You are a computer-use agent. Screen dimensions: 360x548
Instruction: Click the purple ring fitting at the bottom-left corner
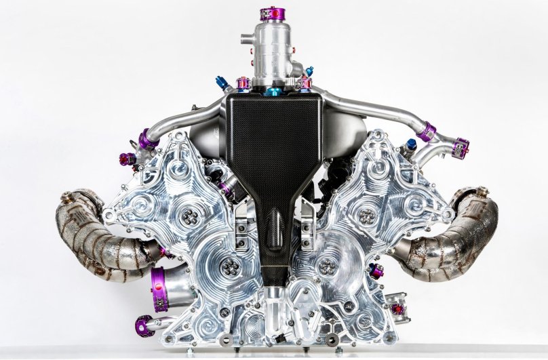(144, 326)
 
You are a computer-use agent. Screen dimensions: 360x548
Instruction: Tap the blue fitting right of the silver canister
(309, 71)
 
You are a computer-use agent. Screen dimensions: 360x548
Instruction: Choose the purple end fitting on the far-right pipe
(462, 147)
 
